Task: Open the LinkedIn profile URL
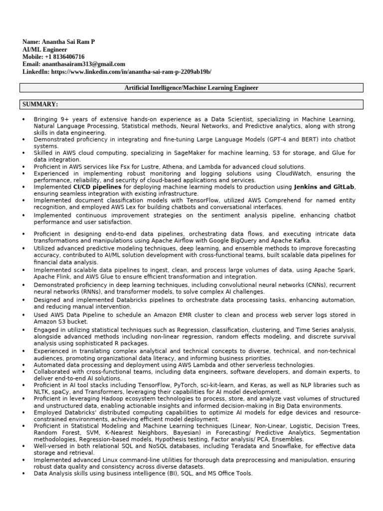coord(131,72)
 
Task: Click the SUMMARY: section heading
coord(40,104)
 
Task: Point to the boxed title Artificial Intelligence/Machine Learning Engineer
coord(191,88)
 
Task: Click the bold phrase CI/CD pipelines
coord(97,187)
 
